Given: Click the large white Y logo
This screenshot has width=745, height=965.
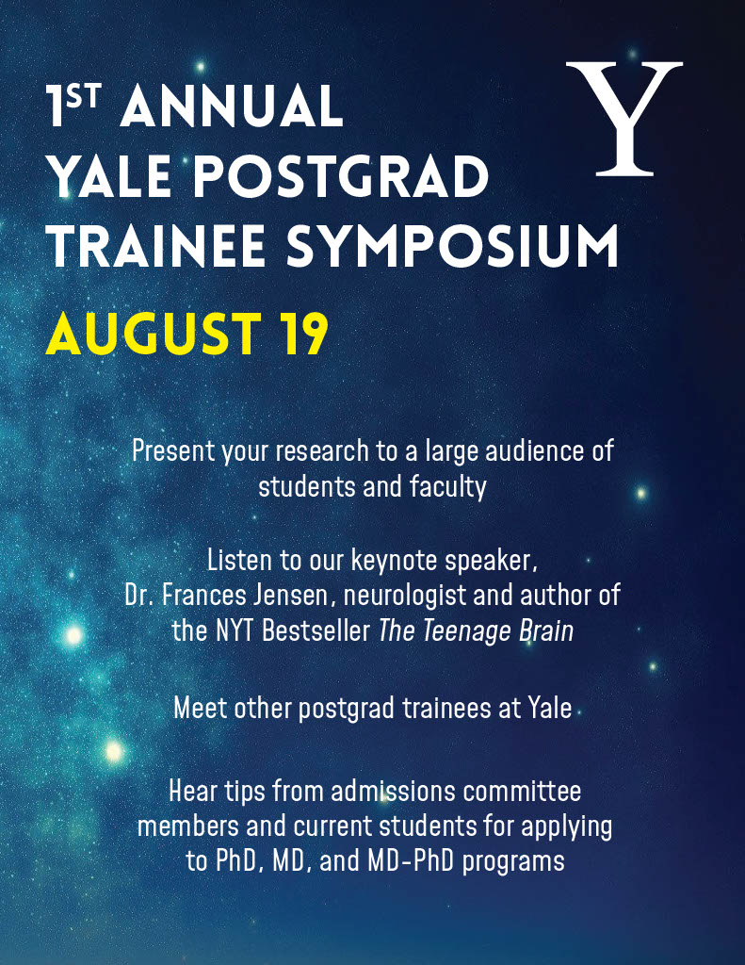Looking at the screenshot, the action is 624,118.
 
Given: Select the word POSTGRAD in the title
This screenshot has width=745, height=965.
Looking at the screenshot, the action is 342,175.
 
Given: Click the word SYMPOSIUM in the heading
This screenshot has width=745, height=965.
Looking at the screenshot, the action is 452,246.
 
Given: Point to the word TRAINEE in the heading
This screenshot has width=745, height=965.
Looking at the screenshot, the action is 157,246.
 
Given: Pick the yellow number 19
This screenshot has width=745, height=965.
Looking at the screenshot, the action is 300,334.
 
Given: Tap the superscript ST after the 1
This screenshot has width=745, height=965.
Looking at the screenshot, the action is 84,97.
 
